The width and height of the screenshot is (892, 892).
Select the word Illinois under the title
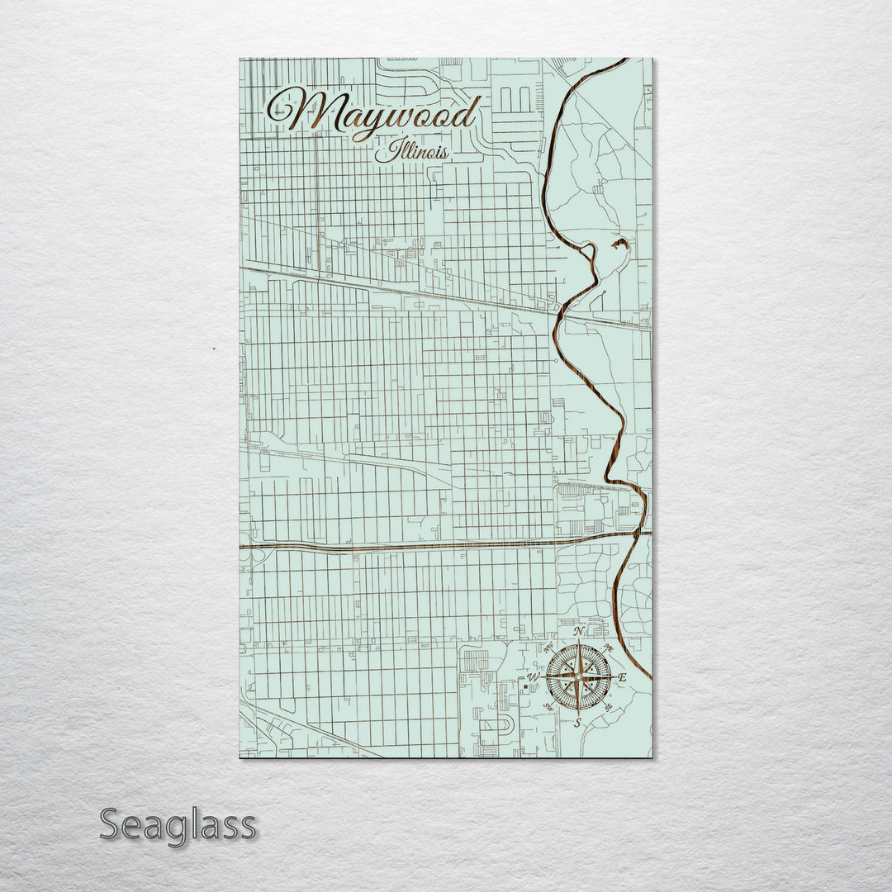coord(411,152)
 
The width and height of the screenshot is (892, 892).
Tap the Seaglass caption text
coord(178,825)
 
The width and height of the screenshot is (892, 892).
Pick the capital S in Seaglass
coord(111,825)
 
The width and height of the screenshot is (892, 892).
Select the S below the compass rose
coord(578,722)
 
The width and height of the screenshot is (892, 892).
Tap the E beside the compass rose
coord(623,678)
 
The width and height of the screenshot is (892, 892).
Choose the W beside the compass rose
coord(534,678)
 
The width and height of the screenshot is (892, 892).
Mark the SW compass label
coord(548,708)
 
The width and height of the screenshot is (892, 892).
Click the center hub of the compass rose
coord(578,677)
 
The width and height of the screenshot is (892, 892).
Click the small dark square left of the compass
coord(526,686)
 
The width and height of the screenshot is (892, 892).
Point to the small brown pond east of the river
coord(620,244)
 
